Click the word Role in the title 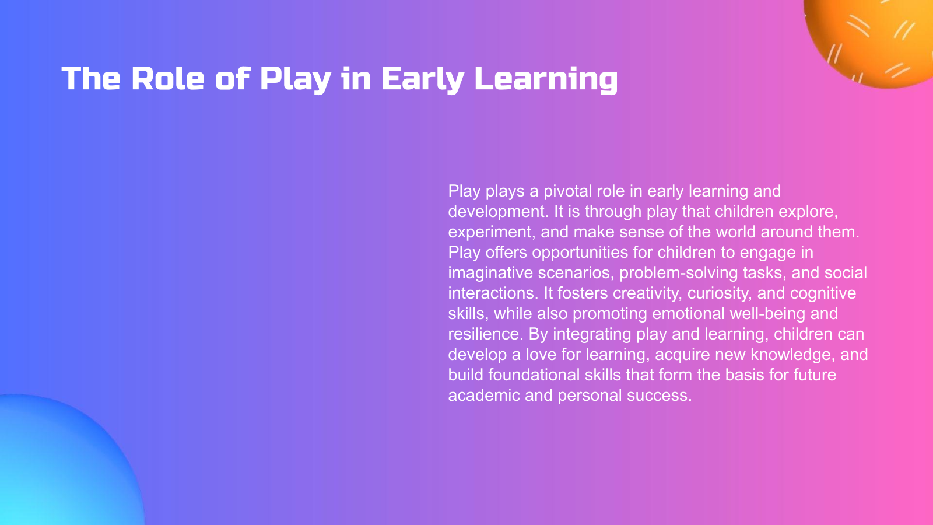coord(167,79)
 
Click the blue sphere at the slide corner coord(58,467)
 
